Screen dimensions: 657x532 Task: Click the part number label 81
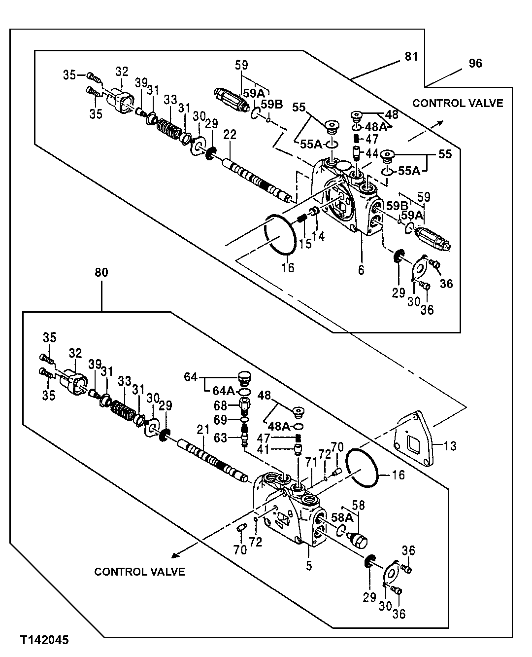pos(411,57)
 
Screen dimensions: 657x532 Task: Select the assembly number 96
pos(475,63)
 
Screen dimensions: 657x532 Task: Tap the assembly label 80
pos(101,272)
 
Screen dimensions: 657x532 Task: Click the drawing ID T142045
pos(44,640)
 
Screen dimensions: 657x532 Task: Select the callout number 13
pos(450,446)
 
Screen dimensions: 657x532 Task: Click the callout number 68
pos(220,405)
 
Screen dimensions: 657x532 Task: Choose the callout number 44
pos(372,153)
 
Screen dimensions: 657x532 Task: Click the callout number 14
pos(318,237)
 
